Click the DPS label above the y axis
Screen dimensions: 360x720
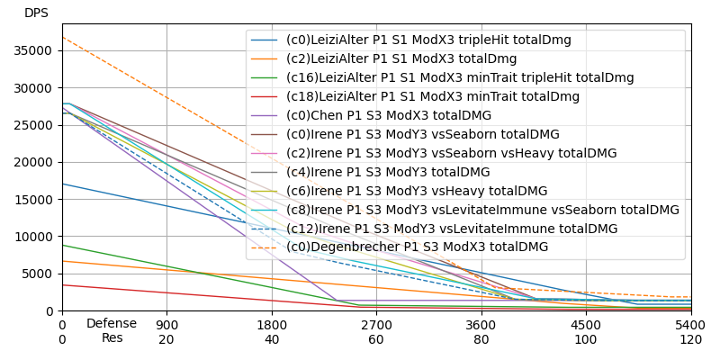(36, 13)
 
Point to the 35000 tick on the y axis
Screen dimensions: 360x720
(40, 50)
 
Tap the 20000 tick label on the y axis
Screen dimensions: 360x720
(40, 162)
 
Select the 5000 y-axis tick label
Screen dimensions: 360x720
(44, 274)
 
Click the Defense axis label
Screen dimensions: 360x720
(112, 324)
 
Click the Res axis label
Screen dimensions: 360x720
(112, 338)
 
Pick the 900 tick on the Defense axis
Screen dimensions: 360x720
(166, 324)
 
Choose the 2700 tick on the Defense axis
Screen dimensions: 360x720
(376, 324)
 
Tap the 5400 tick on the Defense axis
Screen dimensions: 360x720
(691, 324)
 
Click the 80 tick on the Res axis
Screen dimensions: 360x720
(481, 339)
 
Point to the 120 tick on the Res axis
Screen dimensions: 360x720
(691, 339)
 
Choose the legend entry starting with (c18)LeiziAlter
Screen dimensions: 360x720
(433, 96)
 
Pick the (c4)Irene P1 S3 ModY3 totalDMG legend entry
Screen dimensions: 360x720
(388, 172)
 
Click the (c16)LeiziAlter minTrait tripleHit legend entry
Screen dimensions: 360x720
(460, 77)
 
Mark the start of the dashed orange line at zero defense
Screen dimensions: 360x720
(62, 37)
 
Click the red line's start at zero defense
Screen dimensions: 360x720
(62, 284)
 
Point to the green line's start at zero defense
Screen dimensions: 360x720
(62, 245)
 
